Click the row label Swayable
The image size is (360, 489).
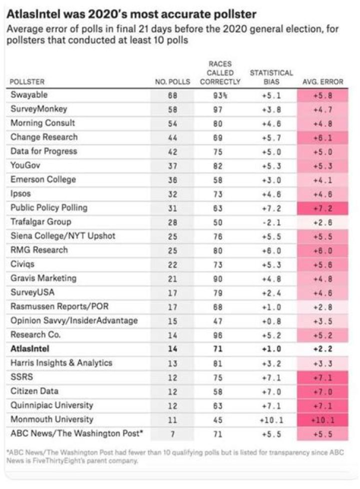(29, 94)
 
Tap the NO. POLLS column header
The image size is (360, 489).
(172, 81)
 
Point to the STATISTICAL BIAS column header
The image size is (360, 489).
(271, 77)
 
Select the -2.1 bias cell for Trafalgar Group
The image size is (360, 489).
(271, 221)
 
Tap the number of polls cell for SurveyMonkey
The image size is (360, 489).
(172, 108)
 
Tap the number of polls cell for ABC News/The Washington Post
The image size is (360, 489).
(172, 433)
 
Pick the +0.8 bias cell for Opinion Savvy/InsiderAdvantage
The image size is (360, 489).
(271, 320)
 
